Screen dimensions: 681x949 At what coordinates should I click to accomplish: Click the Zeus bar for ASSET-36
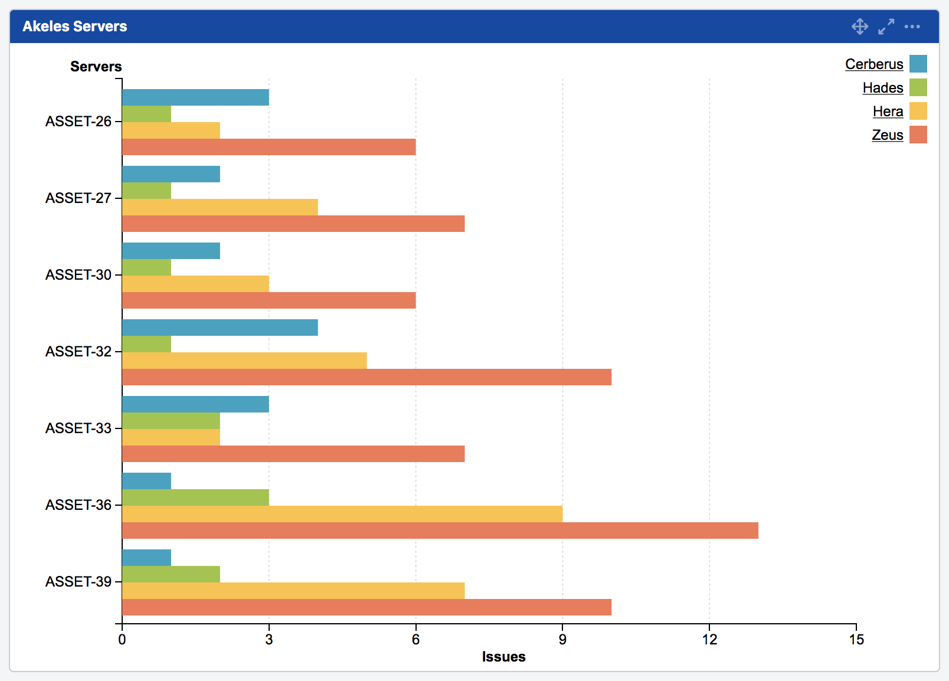(440, 531)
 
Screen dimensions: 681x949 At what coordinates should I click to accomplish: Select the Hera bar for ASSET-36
(342, 514)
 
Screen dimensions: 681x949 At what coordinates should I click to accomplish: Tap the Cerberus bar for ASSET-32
(220, 328)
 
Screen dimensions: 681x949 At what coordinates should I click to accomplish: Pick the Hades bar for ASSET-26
(146, 114)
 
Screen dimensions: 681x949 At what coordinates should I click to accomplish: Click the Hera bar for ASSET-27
(220, 207)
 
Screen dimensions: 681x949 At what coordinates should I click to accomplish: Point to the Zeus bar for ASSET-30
(269, 300)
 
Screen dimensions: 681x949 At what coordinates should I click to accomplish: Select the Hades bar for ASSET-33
(171, 421)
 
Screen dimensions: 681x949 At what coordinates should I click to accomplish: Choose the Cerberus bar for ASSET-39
(146, 558)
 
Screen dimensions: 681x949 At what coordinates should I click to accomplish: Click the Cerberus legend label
(873, 64)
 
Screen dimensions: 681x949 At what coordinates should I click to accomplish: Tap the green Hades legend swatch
(918, 87)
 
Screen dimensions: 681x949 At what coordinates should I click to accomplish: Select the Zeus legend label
(887, 135)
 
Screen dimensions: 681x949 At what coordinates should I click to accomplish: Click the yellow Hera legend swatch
(918, 111)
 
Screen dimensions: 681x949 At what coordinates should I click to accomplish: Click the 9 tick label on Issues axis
(562, 640)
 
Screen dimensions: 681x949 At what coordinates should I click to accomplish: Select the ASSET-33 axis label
(78, 428)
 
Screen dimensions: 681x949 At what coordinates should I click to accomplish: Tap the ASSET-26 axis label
(78, 121)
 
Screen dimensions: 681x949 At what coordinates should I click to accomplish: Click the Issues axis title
(503, 657)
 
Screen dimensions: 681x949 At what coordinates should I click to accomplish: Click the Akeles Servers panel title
(75, 27)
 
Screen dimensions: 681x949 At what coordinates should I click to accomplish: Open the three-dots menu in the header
(912, 27)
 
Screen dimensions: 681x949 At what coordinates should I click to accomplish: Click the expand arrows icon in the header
(886, 27)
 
